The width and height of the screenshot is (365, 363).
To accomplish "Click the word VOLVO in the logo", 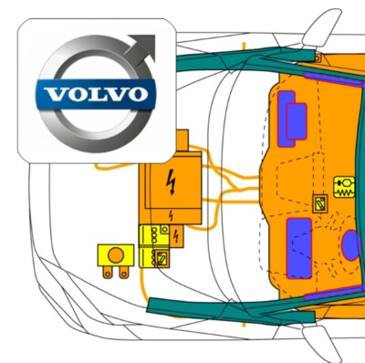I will pos(95,93).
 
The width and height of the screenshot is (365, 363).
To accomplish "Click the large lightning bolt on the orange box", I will pos(171,183).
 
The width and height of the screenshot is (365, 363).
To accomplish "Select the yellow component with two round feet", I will pos(116,259).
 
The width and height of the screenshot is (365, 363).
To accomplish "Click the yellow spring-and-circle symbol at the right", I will pos(345,188).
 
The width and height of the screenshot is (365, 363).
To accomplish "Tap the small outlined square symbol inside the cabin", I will pos(320,204).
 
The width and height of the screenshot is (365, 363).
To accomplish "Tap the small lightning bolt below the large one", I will pos(172,215).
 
